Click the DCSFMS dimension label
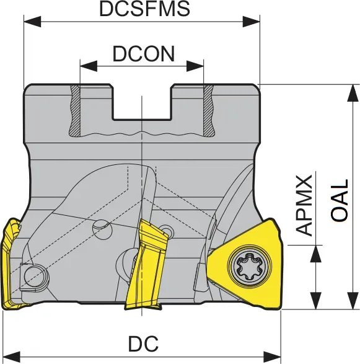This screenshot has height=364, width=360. coord(144,9)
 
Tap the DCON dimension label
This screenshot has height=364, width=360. coord(143,54)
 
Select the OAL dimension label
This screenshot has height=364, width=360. coord(340,200)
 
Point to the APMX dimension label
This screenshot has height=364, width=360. coord(304,206)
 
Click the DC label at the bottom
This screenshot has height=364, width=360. coord(143,344)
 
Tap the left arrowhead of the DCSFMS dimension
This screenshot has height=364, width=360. coord(32,22)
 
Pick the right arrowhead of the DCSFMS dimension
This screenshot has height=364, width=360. coord(251,22)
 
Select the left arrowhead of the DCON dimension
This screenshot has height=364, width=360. coord(89,66)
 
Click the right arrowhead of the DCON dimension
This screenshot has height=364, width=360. coord(195,66)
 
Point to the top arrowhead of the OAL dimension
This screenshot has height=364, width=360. coord(353,93)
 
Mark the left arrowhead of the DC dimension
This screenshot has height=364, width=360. coord(11,357)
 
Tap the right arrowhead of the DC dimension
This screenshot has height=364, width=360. coord(272,357)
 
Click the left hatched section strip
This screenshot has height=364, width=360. coord(75,110)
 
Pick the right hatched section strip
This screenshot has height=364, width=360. coord(208,110)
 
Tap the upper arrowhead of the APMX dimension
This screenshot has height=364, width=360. coord(316,254)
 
